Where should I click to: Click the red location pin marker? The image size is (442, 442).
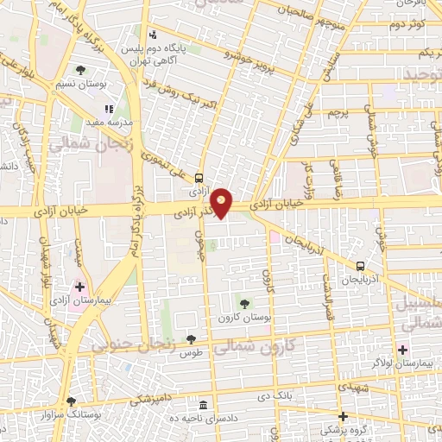pos(223,202)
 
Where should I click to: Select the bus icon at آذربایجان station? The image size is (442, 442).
pos(361,267)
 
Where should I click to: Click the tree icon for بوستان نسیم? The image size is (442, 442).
pos(80,70)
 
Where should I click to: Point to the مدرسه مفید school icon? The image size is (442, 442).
pos(110,109)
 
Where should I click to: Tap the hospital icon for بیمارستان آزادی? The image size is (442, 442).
pos(79,286)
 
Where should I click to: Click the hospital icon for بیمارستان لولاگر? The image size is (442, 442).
pos(401,349)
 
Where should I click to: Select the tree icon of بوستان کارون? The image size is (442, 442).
pos(243,303)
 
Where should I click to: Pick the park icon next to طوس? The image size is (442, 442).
pos(190,339)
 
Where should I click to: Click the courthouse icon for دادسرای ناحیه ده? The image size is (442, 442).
pos(204,405)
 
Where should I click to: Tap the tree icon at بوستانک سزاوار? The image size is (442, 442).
pos(71,401)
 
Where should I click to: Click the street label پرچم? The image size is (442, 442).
pos(336,111)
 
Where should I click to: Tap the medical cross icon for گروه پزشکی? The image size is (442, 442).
pos(343,416)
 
